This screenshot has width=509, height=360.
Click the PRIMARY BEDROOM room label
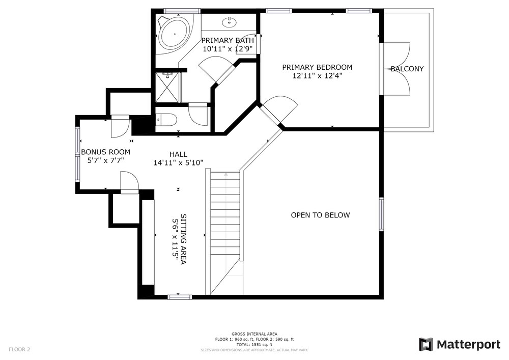[317, 67]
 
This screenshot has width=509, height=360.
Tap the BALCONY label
[407, 69]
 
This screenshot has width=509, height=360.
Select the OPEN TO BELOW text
[320, 215]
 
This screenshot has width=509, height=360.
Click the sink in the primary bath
[230, 22]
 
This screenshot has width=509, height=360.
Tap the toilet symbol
[167, 120]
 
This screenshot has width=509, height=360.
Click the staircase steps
[225, 214]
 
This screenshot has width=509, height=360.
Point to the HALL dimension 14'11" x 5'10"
[178, 163]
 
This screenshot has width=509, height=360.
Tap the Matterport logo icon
[426, 345]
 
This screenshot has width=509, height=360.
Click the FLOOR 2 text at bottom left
[19, 349]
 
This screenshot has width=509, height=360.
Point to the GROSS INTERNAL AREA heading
[254, 334]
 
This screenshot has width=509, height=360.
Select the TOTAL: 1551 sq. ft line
[254, 344]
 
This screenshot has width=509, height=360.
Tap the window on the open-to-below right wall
[381, 214]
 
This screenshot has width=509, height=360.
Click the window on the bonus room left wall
[78, 154]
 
